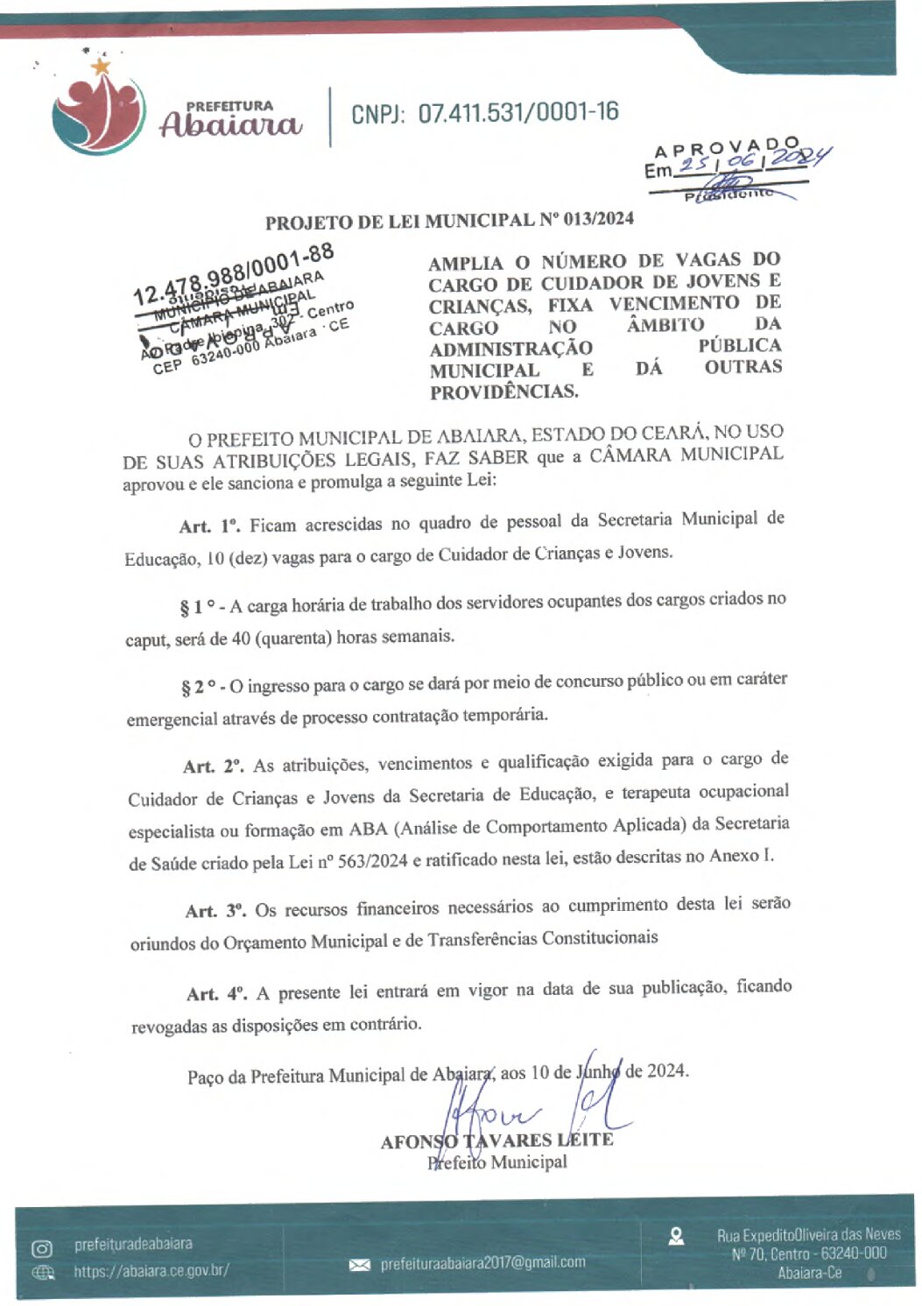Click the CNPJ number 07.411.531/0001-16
[518, 112]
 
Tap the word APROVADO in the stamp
[727, 148]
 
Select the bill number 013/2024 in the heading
[599, 219]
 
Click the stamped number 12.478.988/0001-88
[234, 274]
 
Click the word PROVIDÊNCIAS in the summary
[503, 392]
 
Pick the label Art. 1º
[208, 526]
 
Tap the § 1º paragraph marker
[198, 606]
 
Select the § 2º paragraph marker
[199, 688]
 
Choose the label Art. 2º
[213, 766]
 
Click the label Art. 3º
[215, 911]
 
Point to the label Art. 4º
[216, 993]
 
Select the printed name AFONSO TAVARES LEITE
[496, 1140]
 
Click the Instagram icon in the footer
[42, 1248]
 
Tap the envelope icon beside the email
[360, 1265]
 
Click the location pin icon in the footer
[676, 1236]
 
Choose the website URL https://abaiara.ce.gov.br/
[151, 1270]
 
